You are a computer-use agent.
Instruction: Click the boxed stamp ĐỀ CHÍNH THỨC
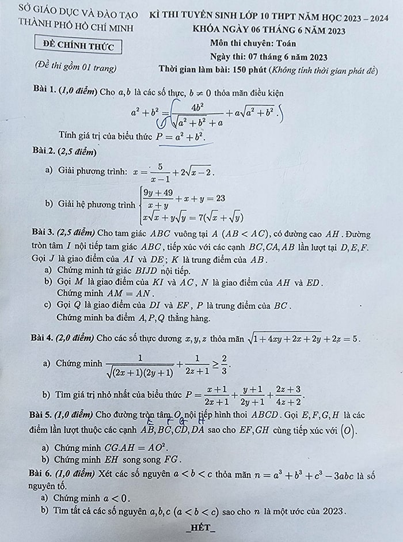(x=78, y=45)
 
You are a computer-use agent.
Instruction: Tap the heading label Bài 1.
(x=45, y=92)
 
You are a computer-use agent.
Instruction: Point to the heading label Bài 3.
(x=43, y=234)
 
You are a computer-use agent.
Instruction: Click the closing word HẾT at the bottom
(x=201, y=528)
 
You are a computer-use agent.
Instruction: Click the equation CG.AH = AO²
(x=134, y=447)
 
